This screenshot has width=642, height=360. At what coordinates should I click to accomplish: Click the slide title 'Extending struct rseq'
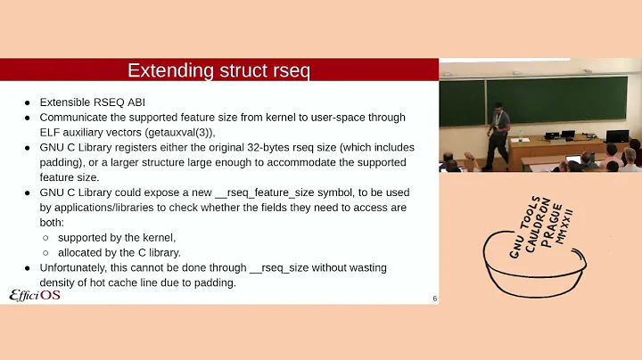218,70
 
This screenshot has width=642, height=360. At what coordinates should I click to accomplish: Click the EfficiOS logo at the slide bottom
35,295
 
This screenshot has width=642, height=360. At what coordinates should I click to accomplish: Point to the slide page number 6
434,299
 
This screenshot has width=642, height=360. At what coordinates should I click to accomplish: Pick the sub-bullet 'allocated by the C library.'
119,253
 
